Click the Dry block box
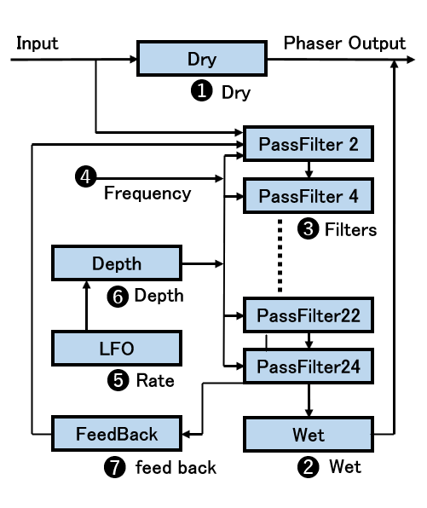(202, 59)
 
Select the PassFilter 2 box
(309, 144)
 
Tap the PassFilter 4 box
(309, 196)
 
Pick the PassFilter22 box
(309, 315)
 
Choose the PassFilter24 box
(309, 367)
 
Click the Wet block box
(309, 435)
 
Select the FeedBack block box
(117, 434)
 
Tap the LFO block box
(117, 349)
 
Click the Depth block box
(117, 263)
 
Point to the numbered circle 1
(201, 90)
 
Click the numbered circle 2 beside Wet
(308, 467)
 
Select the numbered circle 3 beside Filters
(308, 228)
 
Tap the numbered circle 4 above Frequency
(85, 176)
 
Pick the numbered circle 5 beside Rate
(118, 380)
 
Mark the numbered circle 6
(118, 297)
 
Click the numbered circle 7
(115, 467)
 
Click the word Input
(38, 43)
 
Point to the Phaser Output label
(344, 43)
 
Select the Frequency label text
(147, 193)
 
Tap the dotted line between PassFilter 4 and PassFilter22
(280, 256)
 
